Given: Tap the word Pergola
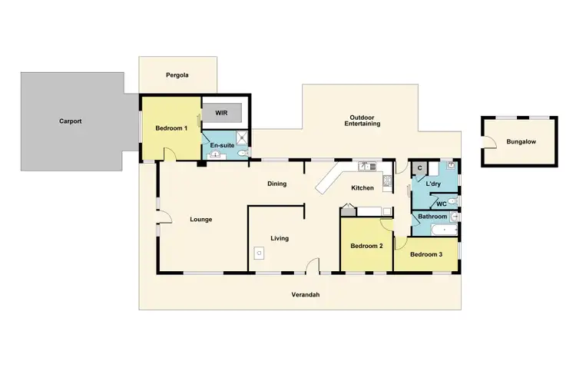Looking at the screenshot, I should point(177,75).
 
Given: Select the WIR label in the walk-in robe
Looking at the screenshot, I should point(221,112).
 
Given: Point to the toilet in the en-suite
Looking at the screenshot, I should point(242,154).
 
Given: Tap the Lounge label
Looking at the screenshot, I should point(201,220).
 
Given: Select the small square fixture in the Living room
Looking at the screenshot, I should point(259,252).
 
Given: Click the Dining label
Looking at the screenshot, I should point(276,184).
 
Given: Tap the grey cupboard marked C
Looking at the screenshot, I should point(419,168).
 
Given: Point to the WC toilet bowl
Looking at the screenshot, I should point(454,203).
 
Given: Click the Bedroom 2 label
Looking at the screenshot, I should point(366,247).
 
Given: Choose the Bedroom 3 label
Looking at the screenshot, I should point(425,254).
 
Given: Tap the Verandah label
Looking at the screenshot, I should point(305,296).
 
